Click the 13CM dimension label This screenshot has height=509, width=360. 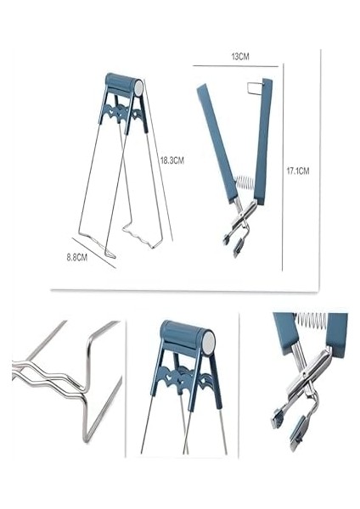(x=240, y=56)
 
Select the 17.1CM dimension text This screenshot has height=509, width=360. (x=297, y=171)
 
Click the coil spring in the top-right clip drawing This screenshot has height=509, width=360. (x=245, y=185)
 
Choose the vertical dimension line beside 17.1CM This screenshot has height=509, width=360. (x=282, y=170)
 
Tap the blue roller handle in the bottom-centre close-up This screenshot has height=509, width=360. (x=183, y=338)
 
